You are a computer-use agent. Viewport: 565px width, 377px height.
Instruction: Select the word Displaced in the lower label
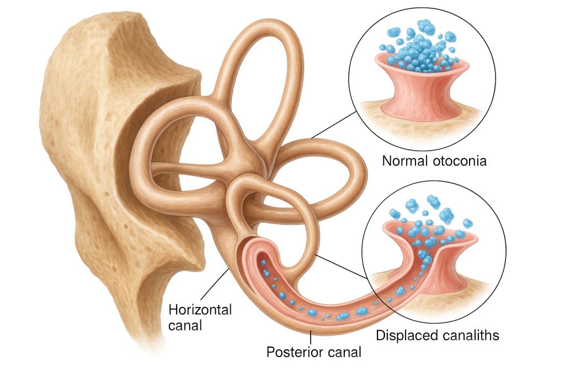point(406,334)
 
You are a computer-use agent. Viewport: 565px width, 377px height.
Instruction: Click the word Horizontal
point(200,310)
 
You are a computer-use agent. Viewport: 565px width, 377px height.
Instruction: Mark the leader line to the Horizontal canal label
point(215,284)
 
